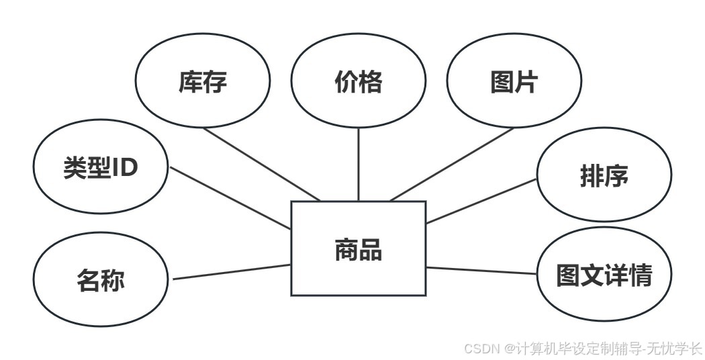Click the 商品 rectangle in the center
pos(358,248)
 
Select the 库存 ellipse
pos(203,82)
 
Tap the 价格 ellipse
pos(358,82)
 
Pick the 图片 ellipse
pos(514,82)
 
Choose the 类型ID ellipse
pos(101,167)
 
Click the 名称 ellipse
pos(101,279)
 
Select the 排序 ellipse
pos(604,175)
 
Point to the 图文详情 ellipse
pos(604,275)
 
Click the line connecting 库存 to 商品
pos(261,164)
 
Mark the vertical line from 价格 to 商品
pos(358,165)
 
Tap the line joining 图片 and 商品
pos(452,165)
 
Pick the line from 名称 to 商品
pos(232,272)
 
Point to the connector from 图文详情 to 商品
pos(481,270)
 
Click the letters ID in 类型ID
pos(124,167)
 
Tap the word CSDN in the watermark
pos(479,349)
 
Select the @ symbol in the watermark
pos(510,349)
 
